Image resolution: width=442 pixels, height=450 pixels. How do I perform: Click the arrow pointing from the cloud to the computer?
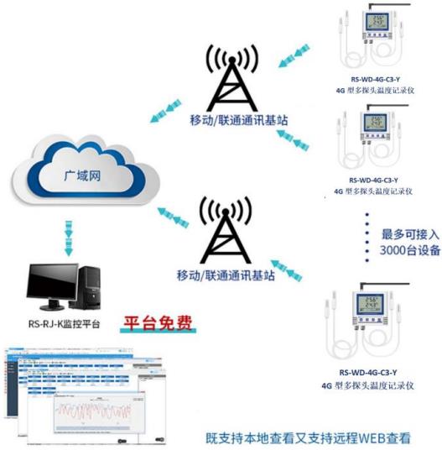(x=68, y=234)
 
